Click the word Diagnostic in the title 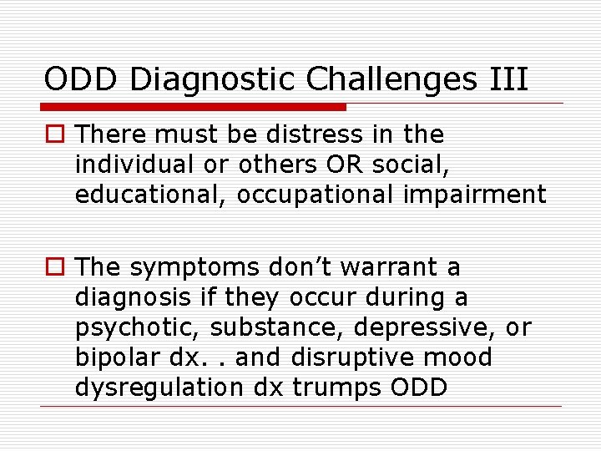[215, 80]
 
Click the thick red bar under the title [194, 107]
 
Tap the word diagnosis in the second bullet [134, 297]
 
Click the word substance [270, 327]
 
